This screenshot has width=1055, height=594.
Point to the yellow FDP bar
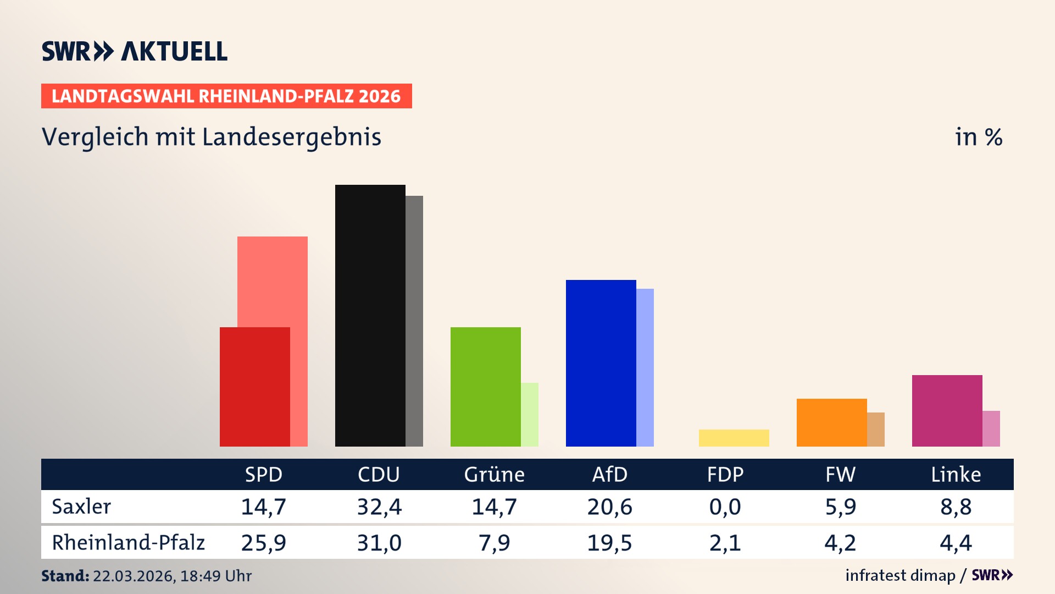[x=734, y=438]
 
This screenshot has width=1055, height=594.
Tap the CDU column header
[x=379, y=474]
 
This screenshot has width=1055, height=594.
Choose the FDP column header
[x=725, y=474]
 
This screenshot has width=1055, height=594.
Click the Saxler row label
[x=81, y=507]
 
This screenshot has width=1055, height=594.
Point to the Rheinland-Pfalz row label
[x=128, y=542]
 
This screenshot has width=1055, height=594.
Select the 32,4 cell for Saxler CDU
[x=379, y=507]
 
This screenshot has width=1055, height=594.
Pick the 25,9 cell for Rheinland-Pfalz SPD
[x=264, y=543]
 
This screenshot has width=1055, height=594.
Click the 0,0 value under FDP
[x=725, y=507]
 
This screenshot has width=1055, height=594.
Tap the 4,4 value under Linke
[x=956, y=543]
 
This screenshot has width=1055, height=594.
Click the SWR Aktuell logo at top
[x=135, y=51]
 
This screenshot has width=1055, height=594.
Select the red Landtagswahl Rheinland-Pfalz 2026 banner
[x=226, y=96]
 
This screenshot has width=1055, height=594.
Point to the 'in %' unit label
[x=978, y=137]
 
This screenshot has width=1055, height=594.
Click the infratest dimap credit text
[x=900, y=575]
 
